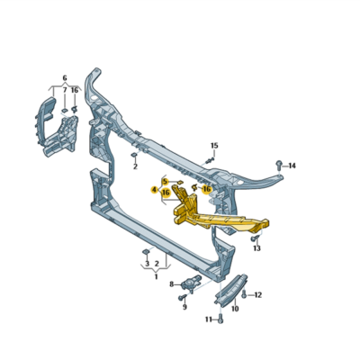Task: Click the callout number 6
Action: pyautogui.click(x=65, y=78)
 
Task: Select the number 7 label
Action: pyautogui.click(x=65, y=91)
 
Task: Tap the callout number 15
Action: pyautogui.click(x=214, y=145)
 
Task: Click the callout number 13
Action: pyautogui.click(x=256, y=248)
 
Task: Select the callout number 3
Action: pyautogui.click(x=147, y=265)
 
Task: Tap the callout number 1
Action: pyautogui.click(x=155, y=276)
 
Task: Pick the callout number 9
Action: pyautogui.click(x=184, y=307)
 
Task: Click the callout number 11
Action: pyautogui.click(x=209, y=319)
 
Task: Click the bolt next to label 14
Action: pyautogui.click(x=278, y=165)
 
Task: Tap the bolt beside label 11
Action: pyautogui.click(x=220, y=319)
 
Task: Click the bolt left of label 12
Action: pyautogui.click(x=244, y=294)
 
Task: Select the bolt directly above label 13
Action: pyautogui.click(x=255, y=237)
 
